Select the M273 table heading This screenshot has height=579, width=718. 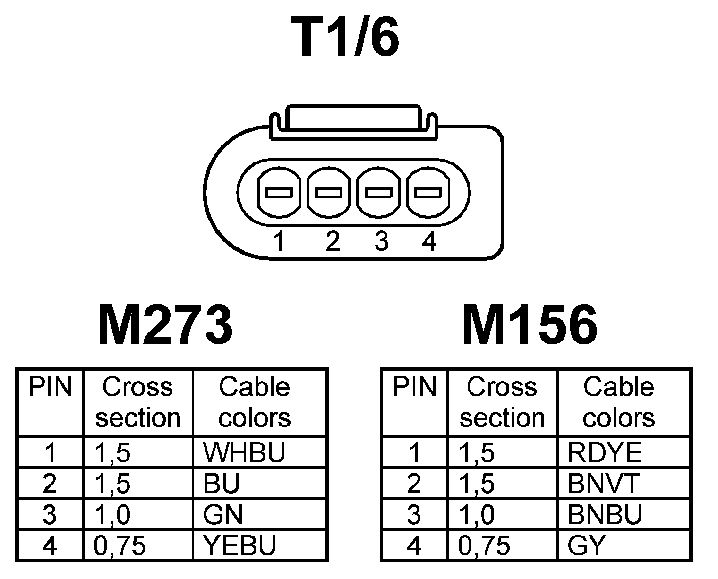pos(165,325)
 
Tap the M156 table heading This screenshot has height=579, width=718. pos(529,325)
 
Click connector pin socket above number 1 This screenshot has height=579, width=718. pos(279,193)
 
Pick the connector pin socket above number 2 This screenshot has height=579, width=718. pos(329,193)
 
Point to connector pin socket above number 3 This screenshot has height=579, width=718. pos(379,193)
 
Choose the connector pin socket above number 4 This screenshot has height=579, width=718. pos(428,193)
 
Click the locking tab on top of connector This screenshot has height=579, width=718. pos(353,120)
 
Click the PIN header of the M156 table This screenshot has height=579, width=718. pos(414,387)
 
